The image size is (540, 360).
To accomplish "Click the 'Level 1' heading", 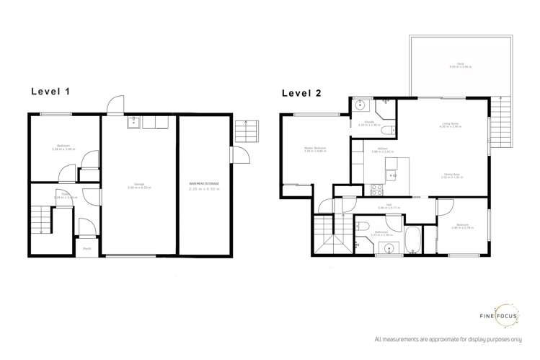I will (54, 92).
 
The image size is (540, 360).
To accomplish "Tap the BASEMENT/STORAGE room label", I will (204, 185).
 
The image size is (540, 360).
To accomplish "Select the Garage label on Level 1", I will (138, 185).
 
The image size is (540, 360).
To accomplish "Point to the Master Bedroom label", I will (316, 149).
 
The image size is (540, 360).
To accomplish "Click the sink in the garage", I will (134, 123).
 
